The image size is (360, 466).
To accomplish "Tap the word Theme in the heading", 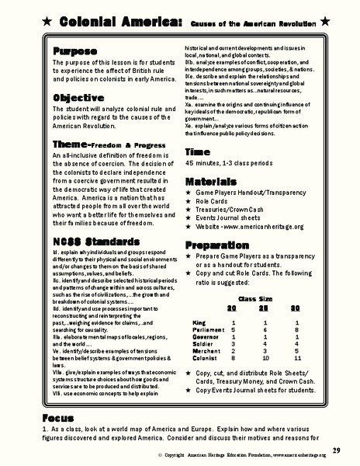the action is tap(71, 145).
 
